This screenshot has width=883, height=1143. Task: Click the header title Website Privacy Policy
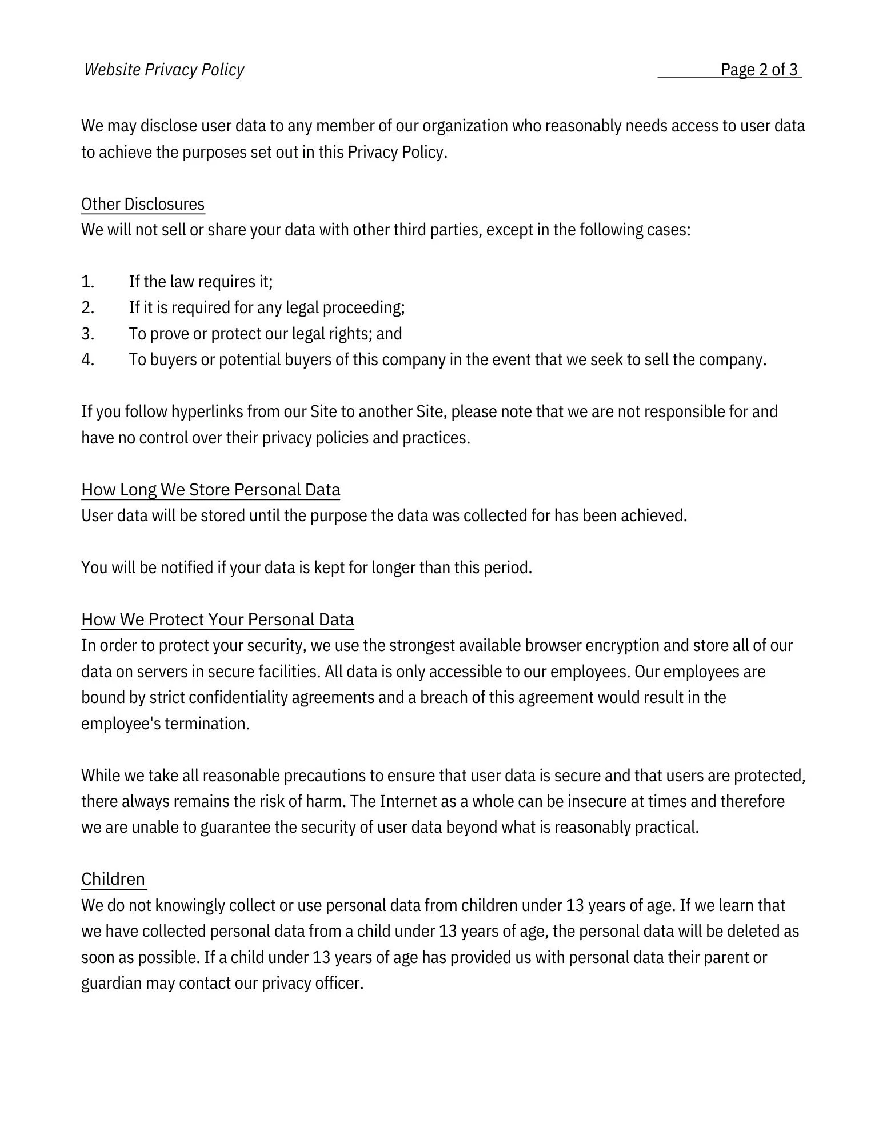click(164, 70)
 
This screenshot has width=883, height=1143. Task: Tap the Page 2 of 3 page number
click(758, 70)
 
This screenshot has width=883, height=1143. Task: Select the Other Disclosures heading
click(143, 204)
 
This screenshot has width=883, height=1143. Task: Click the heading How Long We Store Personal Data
click(210, 490)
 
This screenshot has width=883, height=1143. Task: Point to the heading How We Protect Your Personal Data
click(217, 620)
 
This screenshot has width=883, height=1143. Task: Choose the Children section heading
click(113, 879)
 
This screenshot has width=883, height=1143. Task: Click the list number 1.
click(87, 282)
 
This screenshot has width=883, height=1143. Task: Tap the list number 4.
click(87, 360)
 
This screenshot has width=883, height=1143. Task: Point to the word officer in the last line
click(339, 984)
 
